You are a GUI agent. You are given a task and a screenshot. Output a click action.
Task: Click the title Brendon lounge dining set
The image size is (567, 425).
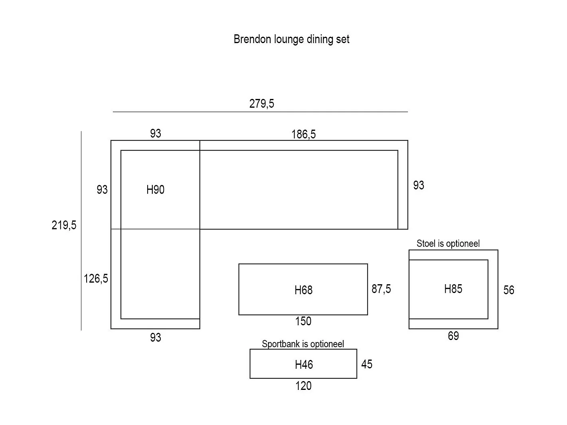(x=291, y=39)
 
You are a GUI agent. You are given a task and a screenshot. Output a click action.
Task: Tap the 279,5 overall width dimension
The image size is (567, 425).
(x=262, y=104)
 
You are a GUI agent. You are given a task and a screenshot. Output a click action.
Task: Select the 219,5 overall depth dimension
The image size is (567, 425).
(x=64, y=225)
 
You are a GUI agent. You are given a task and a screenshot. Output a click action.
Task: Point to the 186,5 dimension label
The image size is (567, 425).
(x=303, y=134)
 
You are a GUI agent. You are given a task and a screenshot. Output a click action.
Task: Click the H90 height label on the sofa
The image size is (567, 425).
(x=155, y=190)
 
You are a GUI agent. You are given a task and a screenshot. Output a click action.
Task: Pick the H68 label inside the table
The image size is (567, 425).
(x=303, y=290)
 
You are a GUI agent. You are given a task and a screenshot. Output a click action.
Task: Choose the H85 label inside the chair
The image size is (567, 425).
(x=453, y=289)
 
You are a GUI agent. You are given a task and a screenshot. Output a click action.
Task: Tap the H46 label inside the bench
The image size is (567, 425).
(x=304, y=364)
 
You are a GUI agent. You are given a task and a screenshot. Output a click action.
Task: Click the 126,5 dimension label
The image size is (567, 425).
(x=96, y=279)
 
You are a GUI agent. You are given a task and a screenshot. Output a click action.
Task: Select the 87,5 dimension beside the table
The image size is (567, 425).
(x=381, y=289)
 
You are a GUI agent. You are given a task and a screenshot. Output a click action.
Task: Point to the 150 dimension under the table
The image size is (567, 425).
(x=303, y=322)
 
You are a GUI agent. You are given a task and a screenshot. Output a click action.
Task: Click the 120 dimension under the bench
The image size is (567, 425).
(x=303, y=386)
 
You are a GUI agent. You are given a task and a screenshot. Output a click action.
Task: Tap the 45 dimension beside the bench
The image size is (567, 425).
(x=367, y=364)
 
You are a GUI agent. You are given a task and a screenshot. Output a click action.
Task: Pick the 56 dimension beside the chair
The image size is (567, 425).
(x=509, y=290)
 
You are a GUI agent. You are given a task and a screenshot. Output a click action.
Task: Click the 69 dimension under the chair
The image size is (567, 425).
(x=453, y=336)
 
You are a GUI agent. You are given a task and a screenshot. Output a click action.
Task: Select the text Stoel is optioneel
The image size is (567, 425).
(x=448, y=243)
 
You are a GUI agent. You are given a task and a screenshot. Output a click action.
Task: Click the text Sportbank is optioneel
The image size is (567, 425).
(x=303, y=344)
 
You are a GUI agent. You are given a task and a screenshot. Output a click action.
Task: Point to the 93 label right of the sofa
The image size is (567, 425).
(x=419, y=185)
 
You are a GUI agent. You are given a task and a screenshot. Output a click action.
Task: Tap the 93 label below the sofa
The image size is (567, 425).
(x=156, y=338)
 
